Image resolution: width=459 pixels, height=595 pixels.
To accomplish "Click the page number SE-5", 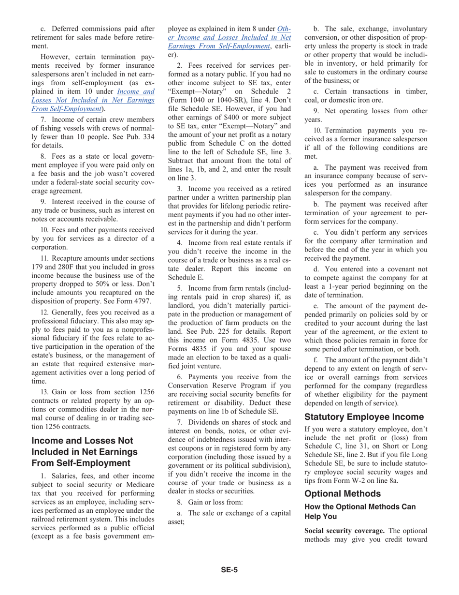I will [229, 569].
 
